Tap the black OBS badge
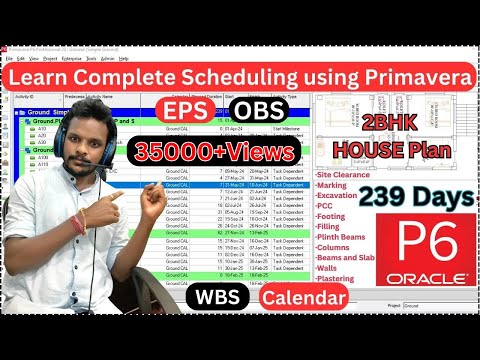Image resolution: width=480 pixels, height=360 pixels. tap(260, 110)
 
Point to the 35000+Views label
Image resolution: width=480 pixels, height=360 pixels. tap(215, 152)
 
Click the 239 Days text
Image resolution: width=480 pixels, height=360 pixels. tap(420, 199)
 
